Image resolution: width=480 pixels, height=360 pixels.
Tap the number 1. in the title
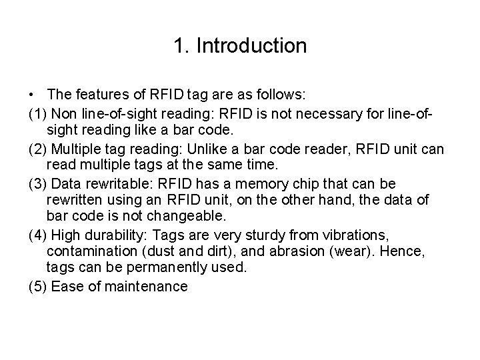pos(181,46)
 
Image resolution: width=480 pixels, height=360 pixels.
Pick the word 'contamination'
pos(94,251)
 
